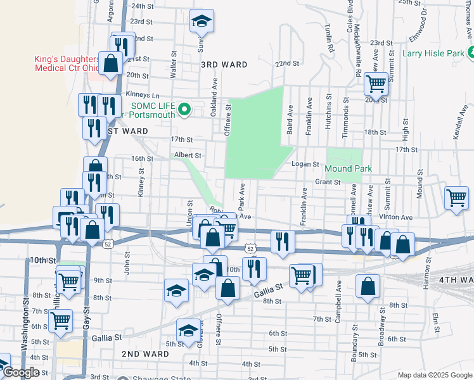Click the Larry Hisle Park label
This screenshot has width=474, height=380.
[x=433, y=54]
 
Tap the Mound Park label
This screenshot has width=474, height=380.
[x=347, y=169]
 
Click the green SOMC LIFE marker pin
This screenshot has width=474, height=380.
[x=184, y=110]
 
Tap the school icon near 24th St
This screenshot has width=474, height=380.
[x=202, y=22]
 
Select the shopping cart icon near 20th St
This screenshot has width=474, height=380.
[x=376, y=82]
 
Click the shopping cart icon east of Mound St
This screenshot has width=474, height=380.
[x=456, y=198]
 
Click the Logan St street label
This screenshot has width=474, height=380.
[x=305, y=163]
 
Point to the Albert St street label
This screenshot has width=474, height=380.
[x=188, y=155]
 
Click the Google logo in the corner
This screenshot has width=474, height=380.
[x=20, y=372]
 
